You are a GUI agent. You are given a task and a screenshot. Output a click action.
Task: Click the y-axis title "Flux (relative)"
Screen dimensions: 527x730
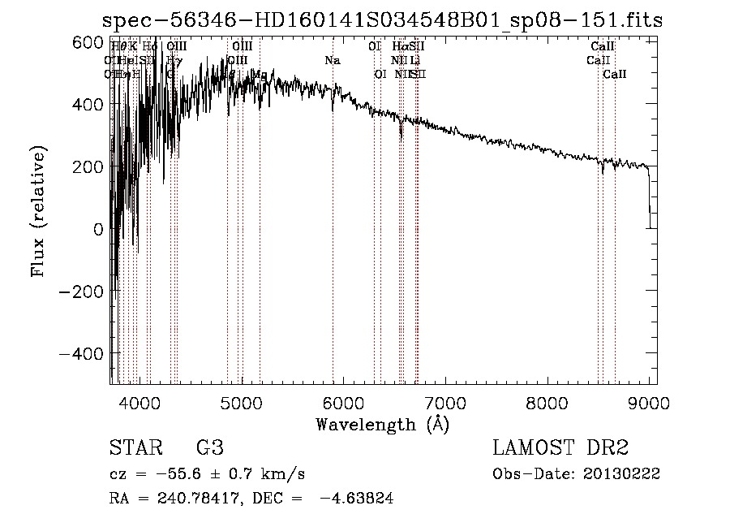(x=38, y=211)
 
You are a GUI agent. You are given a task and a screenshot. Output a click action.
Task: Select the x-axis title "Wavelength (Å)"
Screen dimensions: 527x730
(x=383, y=423)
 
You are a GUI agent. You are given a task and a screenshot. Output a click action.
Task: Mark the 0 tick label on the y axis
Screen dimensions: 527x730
(x=98, y=228)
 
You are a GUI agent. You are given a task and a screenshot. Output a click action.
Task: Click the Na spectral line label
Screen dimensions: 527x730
(x=332, y=60)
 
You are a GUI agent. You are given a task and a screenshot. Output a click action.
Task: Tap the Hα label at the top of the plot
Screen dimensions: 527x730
(x=399, y=46)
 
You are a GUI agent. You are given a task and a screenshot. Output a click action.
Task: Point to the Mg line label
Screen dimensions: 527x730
(x=259, y=74)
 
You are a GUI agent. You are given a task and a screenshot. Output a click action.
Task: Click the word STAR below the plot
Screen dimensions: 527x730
(x=133, y=447)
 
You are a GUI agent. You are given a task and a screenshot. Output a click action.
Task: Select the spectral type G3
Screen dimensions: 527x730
(x=209, y=447)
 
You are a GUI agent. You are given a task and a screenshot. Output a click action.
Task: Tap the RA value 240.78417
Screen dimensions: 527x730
(x=200, y=499)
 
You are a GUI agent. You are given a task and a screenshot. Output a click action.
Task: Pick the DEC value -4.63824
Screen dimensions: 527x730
(x=357, y=499)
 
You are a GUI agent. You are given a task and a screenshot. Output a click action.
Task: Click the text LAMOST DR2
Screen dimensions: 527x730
(x=560, y=447)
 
